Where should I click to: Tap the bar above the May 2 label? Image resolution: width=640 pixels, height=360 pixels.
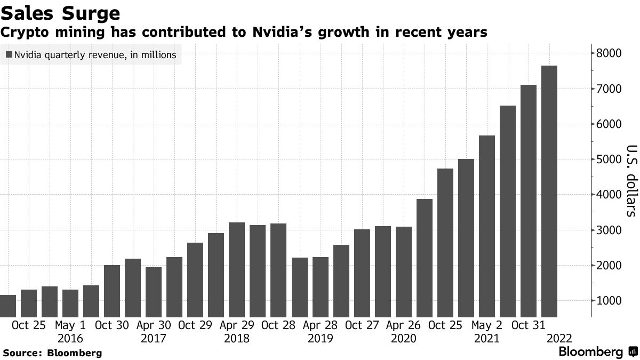(487, 226)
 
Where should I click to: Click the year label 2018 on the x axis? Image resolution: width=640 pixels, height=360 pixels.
(237, 339)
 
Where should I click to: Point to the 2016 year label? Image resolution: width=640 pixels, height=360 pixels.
(70, 339)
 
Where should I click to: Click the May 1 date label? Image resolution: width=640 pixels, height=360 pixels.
(70, 325)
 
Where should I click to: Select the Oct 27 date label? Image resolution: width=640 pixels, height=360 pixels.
(362, 325)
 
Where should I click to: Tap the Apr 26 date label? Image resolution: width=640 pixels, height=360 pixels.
(404, 325)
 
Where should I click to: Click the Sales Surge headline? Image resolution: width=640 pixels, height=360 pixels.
(60, 13)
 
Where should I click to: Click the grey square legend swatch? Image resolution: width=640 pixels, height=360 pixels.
(9, 54)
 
